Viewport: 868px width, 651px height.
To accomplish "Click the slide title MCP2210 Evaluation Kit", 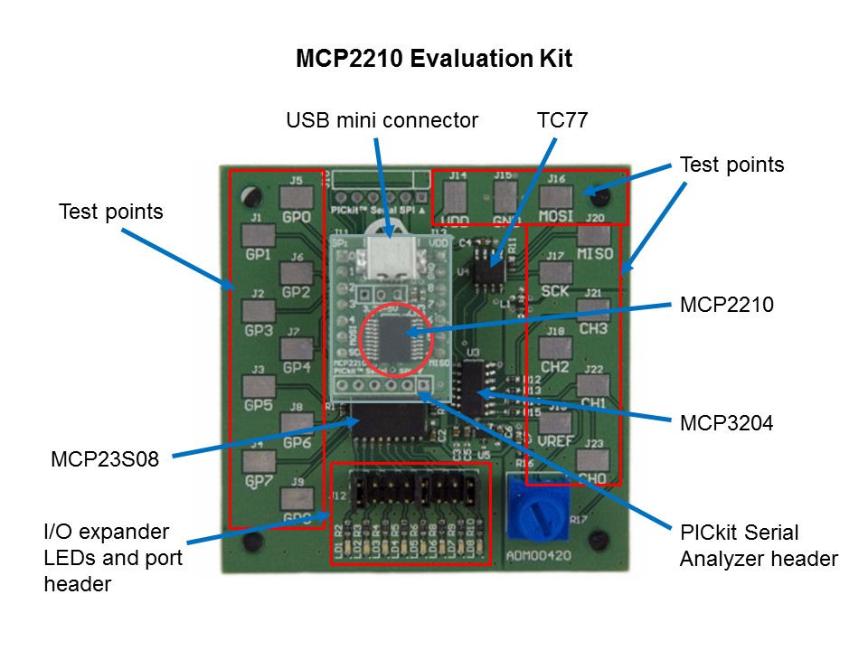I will pyautogui.click(x=434, y=60).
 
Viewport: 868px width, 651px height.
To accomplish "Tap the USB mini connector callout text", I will pyautogui.click(x=382, y=119).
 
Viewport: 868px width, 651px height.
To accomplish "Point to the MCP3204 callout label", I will pyautogui.click(x=726, y=421).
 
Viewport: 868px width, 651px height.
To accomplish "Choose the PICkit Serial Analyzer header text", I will pyautogui.click(x=758, y=545).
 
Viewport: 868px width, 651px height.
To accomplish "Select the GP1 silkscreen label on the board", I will pyautogui.click(x=259, y=255).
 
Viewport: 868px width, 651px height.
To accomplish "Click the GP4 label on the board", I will pyautogui.click(x=296, y=367).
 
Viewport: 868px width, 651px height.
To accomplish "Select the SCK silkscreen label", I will pyautogui.click(x=556, y=291).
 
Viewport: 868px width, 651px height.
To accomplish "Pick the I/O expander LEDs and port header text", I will pyautogui.click(x=113, y=557).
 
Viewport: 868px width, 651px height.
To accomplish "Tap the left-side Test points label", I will pyautogui.click(x=110, y=212).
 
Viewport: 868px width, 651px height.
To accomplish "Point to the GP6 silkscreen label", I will pyautogui.click(x=297, y=443).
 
